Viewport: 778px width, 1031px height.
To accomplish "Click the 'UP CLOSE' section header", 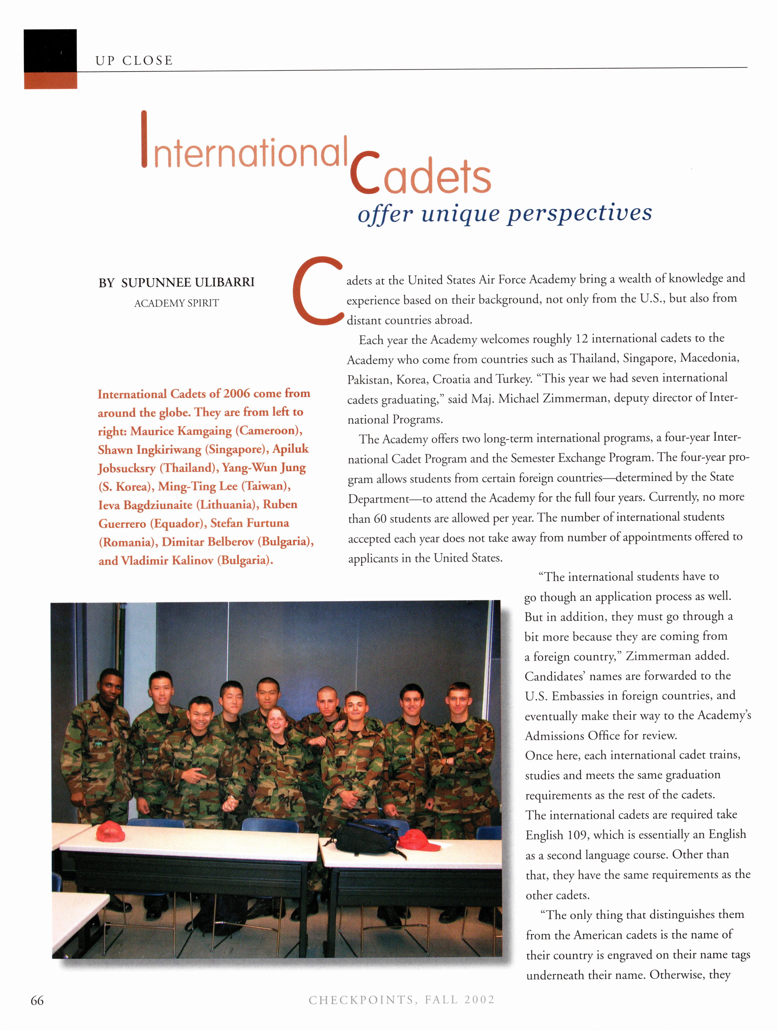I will pos(134,61).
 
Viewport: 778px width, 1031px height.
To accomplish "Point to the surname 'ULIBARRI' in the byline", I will pos(224,282).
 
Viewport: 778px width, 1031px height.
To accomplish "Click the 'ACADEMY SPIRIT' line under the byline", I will pos(176,303).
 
